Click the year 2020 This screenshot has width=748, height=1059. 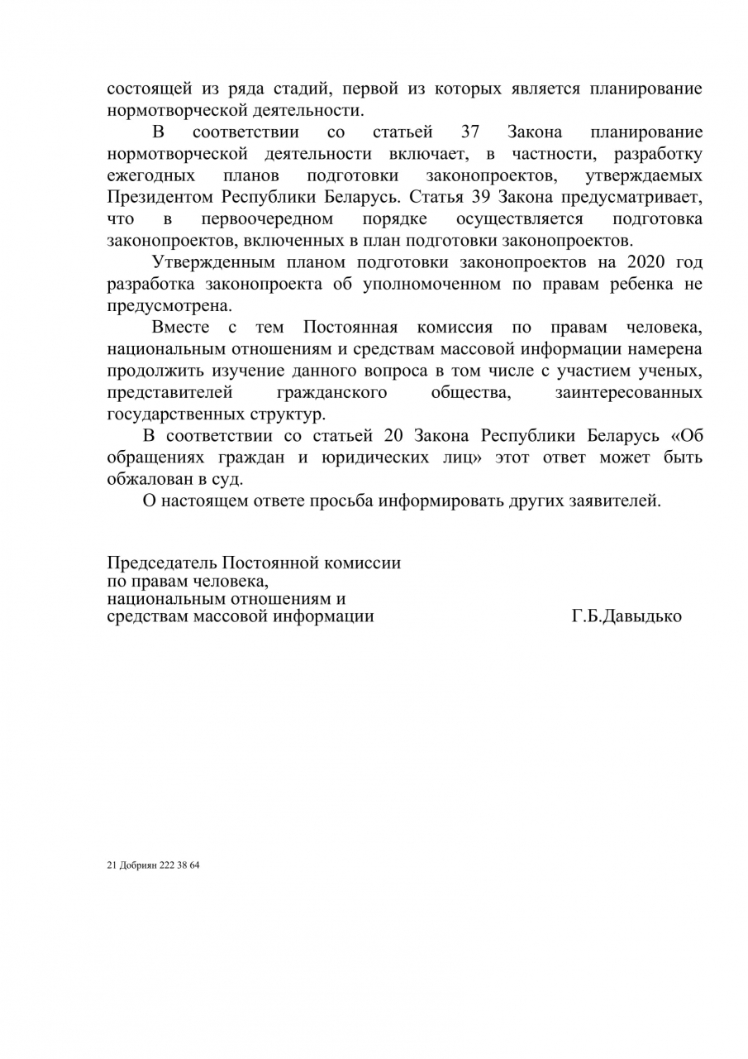coord(651,263)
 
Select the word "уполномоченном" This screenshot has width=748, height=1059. coord(431,285)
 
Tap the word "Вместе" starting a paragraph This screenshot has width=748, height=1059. coord(180,328)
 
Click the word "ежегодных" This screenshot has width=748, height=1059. coord(151,176)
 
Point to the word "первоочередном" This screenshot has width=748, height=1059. coord(267,219)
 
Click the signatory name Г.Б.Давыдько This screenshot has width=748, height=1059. coord(626,616)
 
